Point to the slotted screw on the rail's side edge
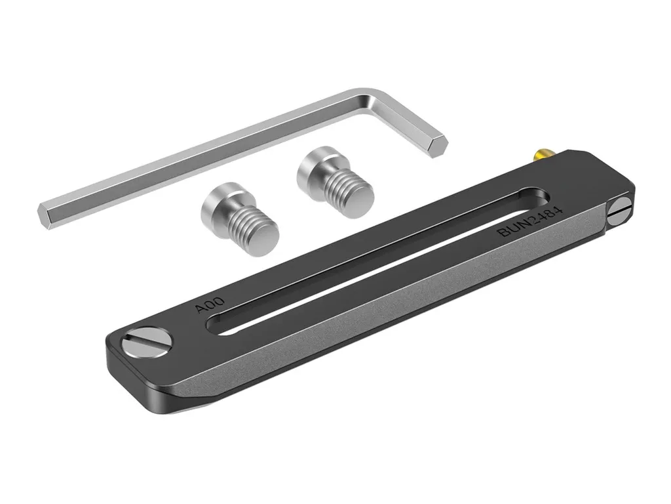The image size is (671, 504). coord(620,211)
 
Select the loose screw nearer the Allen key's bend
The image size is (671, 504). coord(335,182)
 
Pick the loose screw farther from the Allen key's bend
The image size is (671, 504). coord(240,219)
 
